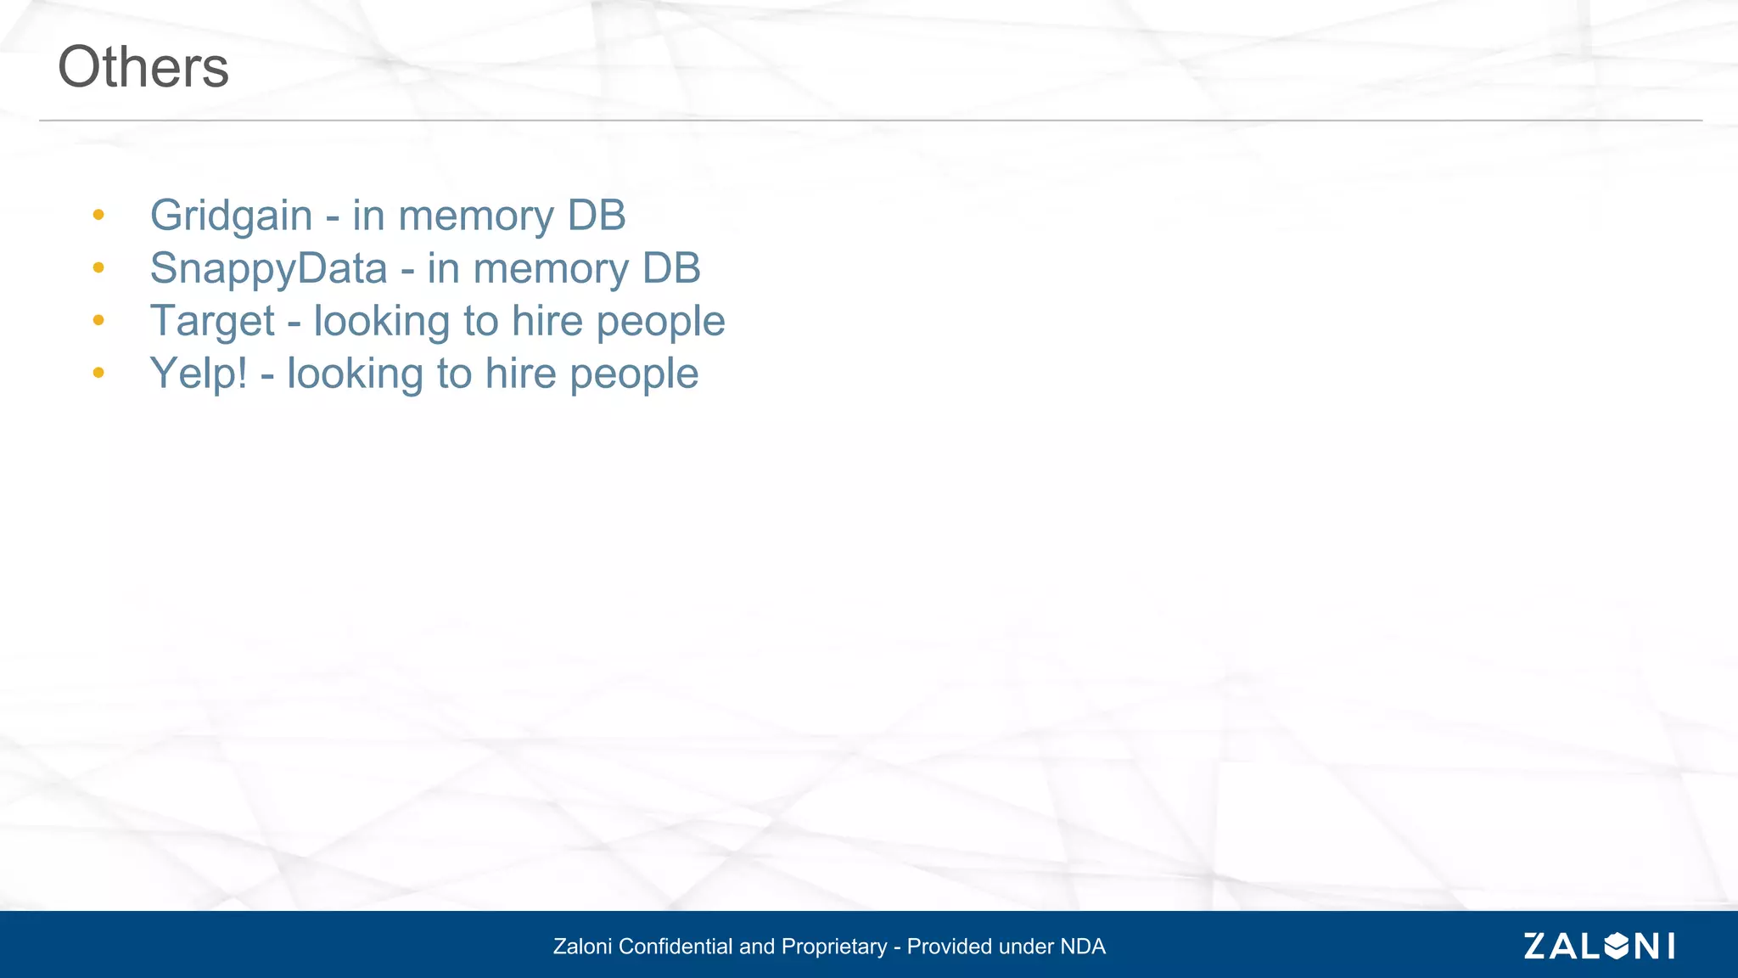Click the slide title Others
pyautogui.click(x=143, y=67)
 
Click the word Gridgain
pyautogui.click(x=231, y=216)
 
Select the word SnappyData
pyautogui.click(x=268, y=268)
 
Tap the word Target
pyautogui.click(x=212, y=322)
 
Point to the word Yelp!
pyautogui.click(x=199, y=374)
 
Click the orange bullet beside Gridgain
pyautogui.click(x=98, y=215)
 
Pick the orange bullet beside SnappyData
pyautogui.click(x=98, y=268)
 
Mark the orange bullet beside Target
pyautogui.click(x=98, y=321)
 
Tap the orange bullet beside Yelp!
pyautogui.click(x=98, y=373)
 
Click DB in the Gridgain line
pyautogui.click(x=597, y=216)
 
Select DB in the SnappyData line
pyautogui.click(x=671, y=268)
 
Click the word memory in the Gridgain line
pyautogui.click(x=475, y=216)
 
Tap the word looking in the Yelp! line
pyautogui.click(x=355, y=374)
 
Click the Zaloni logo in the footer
pyautogui.click(x=1599, y=946)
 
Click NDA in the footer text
pyautogui.click(x=1083, y=947)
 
